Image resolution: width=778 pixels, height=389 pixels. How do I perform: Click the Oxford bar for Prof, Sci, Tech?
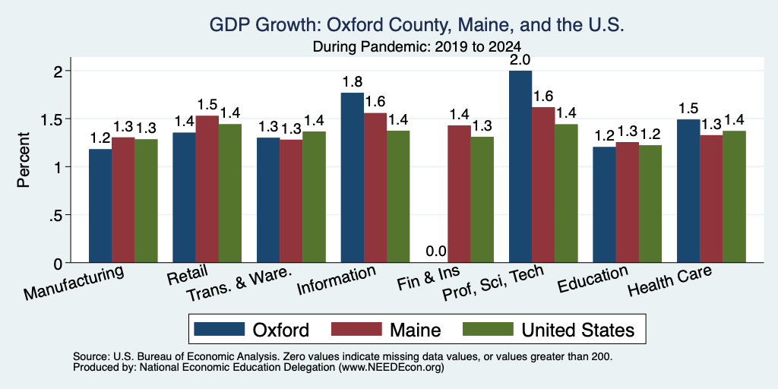520,166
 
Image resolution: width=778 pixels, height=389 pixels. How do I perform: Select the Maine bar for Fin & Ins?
460,194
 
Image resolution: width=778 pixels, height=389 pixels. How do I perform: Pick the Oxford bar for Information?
353,178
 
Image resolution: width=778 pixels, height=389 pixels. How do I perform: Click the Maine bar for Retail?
207,189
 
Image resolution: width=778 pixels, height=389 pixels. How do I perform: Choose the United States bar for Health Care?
735,197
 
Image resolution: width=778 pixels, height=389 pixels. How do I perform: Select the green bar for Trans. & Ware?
314,197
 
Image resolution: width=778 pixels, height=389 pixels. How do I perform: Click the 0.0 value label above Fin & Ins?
436,251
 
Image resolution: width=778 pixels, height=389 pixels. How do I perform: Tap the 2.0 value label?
520,60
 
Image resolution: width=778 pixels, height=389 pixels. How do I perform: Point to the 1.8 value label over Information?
353,82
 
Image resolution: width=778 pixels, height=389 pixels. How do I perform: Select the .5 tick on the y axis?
66,215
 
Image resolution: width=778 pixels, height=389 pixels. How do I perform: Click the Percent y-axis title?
24,160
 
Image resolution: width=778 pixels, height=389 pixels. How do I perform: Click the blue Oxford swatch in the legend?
220,329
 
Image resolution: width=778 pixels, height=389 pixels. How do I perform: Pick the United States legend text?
578,330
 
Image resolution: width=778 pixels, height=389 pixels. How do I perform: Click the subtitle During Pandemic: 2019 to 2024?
417,46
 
